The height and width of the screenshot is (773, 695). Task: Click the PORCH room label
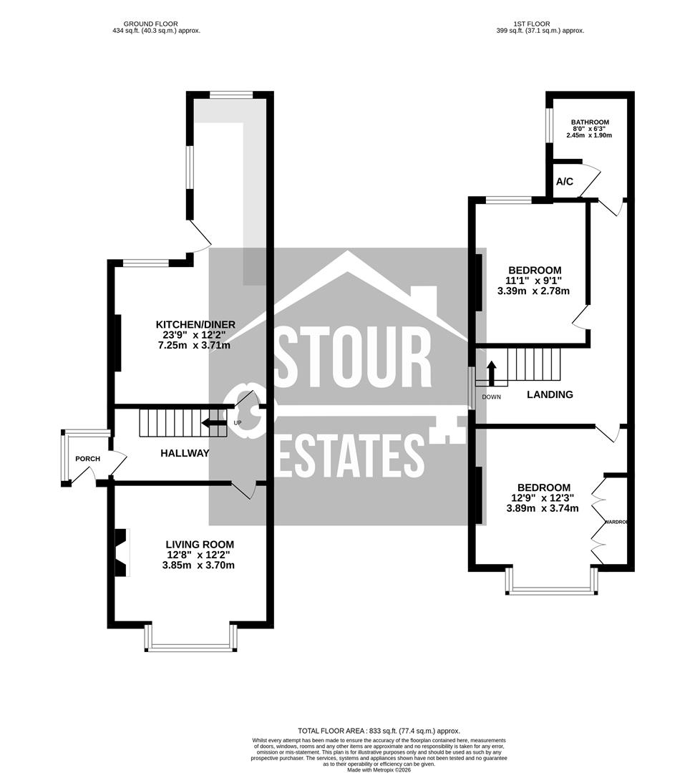pyautogui.click(x=87, y=459)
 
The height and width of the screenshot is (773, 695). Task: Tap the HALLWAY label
pyautogui.click(x=185, y=453)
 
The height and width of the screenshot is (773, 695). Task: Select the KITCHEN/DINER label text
pyautogui.click(x=196, y=324)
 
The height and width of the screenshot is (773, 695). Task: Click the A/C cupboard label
pyautogui.click(x=565, y=182)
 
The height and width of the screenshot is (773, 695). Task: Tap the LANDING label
pyautogui.click(x=550, y=394)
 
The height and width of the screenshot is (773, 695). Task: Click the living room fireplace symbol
pyautogui.click(x=122, y=553)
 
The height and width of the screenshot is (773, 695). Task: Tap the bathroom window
pyautogui.click(x=548, y=126)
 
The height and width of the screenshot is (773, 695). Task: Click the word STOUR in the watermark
pyautogui.click(x=354, y=357)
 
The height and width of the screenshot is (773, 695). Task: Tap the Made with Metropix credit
pyautogui.click(x=380, y=769)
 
